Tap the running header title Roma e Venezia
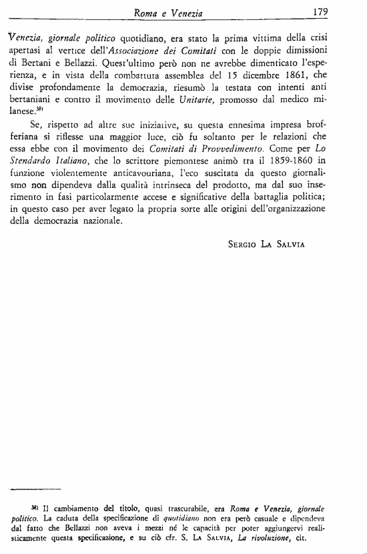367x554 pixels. coord(169,11)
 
